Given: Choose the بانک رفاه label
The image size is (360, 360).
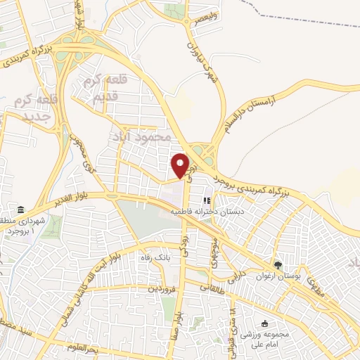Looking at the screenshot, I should (x=153, y=257).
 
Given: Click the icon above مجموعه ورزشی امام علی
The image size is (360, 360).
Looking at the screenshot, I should (x=264, y=324).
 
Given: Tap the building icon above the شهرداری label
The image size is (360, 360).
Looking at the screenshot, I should (x=20, y=210).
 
